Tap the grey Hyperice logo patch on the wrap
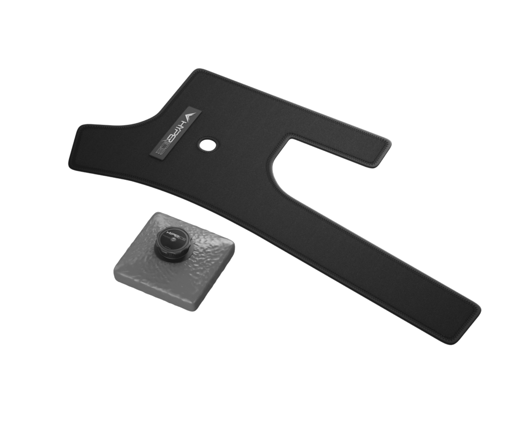pos(175,134)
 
